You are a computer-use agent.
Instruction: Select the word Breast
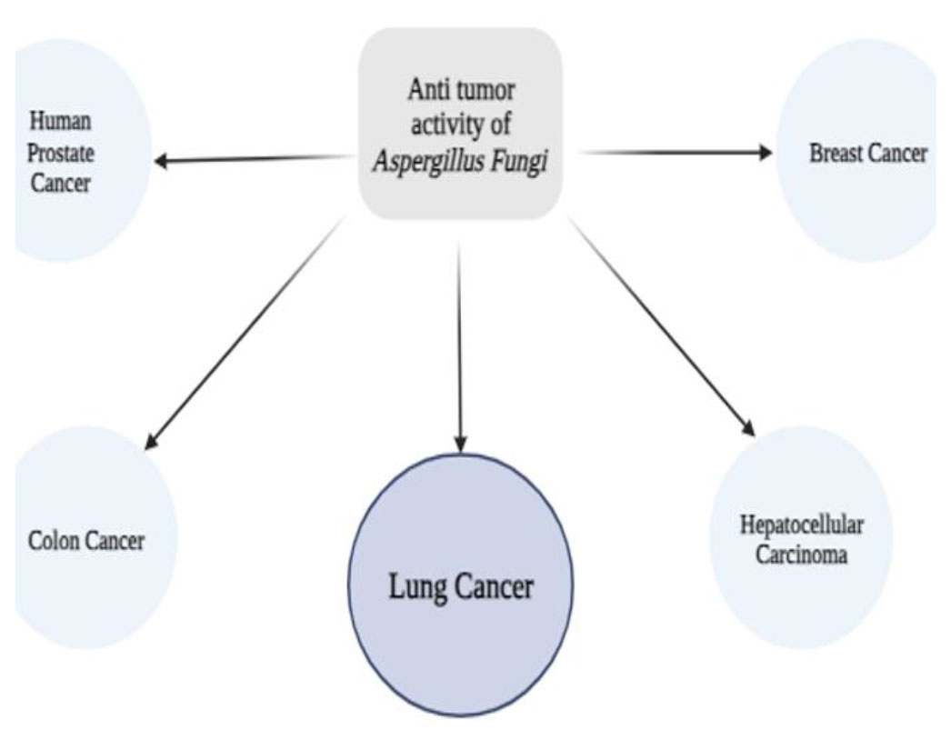[833, 153]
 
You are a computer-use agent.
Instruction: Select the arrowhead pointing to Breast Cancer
[763, 153]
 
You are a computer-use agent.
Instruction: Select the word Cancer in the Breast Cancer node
[896, 153]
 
